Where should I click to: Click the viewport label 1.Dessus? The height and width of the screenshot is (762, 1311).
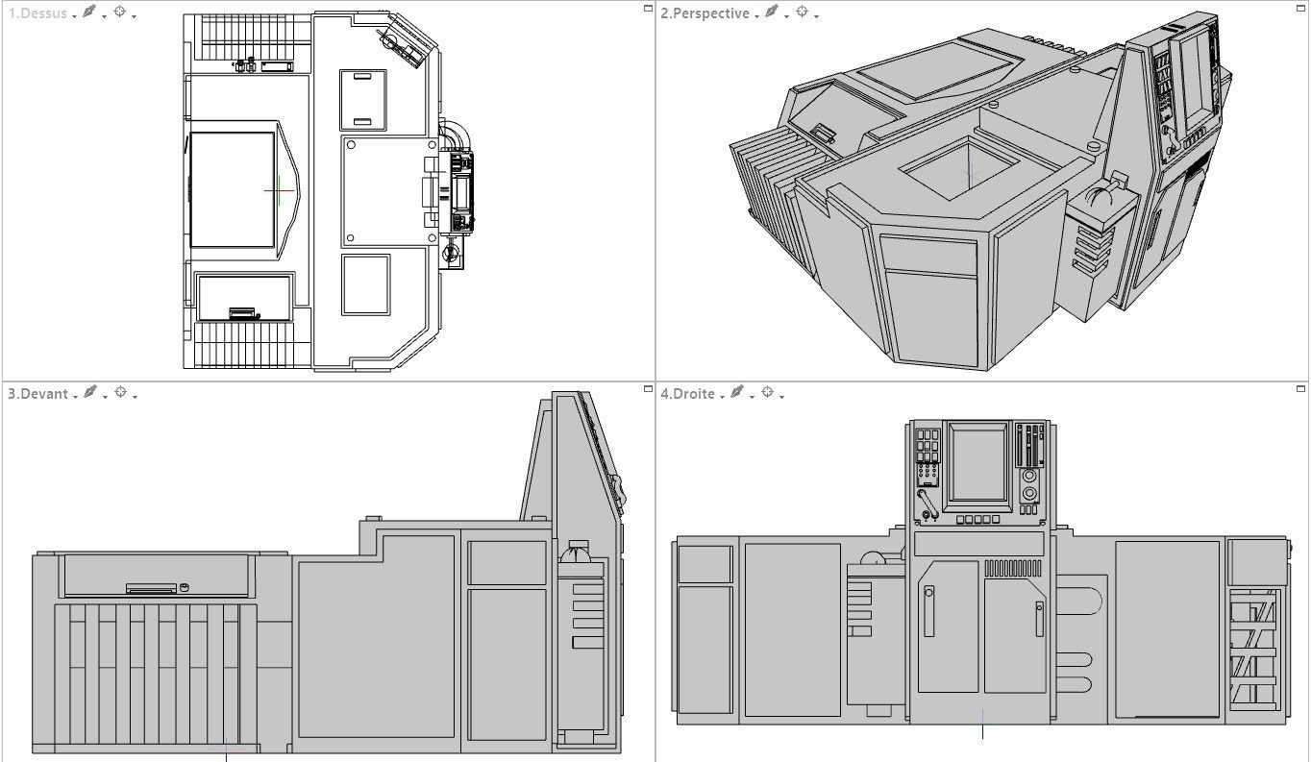point(37,13)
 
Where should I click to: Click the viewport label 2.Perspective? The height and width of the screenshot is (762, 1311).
point(704,13)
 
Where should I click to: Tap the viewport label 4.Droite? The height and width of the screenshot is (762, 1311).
point(687,394)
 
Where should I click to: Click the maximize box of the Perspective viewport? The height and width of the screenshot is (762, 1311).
point(1300,9)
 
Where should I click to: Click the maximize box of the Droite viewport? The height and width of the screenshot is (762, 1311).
point(1300,389)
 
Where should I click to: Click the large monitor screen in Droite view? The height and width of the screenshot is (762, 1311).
point(978,464)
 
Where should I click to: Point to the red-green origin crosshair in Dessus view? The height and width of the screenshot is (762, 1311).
point(279,190)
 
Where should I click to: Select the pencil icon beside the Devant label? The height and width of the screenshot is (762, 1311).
point(90,392)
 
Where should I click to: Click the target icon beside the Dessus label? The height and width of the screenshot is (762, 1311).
point(120,12)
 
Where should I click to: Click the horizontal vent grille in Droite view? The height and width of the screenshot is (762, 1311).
point(1013,568)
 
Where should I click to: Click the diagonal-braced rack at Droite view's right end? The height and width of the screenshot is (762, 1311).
point(1253,648)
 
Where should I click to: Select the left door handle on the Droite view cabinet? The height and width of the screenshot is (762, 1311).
point(928,611)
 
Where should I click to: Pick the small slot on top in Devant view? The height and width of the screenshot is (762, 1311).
point(152,588)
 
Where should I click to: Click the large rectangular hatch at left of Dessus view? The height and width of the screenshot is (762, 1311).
point(233,189)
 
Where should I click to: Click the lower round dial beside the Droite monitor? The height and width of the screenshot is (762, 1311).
point(1029,494)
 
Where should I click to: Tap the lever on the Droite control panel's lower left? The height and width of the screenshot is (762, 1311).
point(926,503)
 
